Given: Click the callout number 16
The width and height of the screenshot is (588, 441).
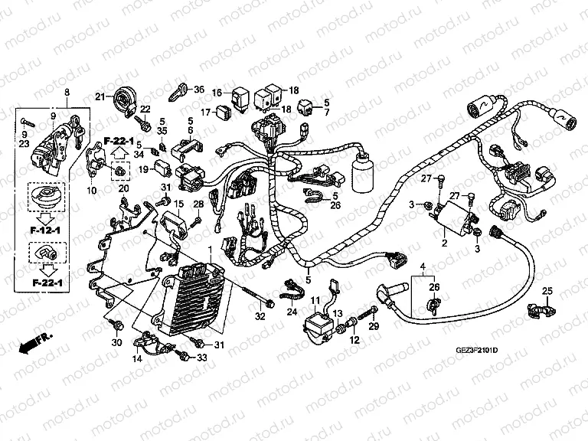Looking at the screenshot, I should (217, 93).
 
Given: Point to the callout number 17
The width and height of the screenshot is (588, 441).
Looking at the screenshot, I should (204, 112).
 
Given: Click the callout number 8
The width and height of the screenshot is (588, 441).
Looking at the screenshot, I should (67, 92).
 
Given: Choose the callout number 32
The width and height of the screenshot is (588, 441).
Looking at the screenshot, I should (260, 316).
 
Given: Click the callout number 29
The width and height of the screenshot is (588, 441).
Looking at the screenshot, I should (374, 327).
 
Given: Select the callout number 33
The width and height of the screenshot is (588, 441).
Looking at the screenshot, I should (202, 358).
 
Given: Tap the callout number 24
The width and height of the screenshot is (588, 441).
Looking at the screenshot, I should (292, 312).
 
